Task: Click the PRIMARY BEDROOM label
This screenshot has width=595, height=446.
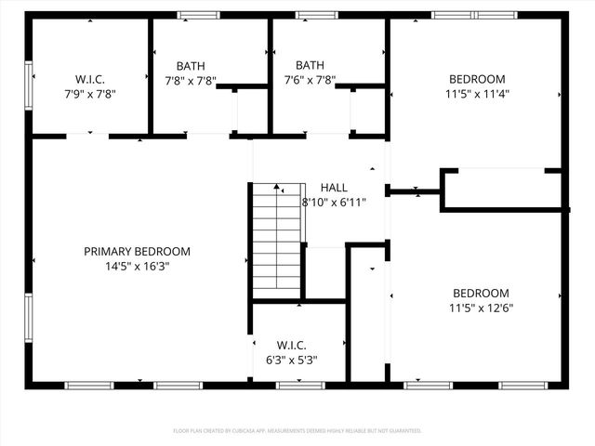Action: pyautogui.click(x=137, y=251)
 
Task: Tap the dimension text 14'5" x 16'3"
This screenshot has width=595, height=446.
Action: pyautogui.click(x=137, y=266)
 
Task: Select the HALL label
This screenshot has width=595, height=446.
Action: pyautogui.click(x=334, y=188)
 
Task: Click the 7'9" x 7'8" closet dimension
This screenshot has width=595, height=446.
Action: pyautogui.click(x=89, y=94)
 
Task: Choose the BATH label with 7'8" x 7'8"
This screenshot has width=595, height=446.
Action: pyautogui.click(x=191, y=66)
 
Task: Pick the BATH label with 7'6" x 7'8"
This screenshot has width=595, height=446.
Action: pyautogui.click(x=310, y=66)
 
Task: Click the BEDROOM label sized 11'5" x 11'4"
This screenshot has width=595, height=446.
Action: pyautogui.click(x=477, y=79)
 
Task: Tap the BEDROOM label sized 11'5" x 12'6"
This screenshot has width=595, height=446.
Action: pyautogui.click(x=481, y=293)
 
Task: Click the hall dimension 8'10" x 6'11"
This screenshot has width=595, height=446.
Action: pyautogui.click(x=334, y=202)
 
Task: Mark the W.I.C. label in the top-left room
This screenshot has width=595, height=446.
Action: pyautogui.click(x=89, y=79)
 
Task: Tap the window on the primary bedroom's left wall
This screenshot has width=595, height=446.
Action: pyautogui.click(x=29, y=319)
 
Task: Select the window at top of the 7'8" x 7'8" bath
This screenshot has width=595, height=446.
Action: pyautogui.click(x=194, y=15)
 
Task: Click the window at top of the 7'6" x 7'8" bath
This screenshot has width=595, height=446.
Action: pyautogui.click(x=315, y=15)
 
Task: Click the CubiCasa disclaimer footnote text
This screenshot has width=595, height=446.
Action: pyautogui.click(x=297, y=431)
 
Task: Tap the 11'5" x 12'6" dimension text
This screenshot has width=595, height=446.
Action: pyautogui.click(x=481, y=308)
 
